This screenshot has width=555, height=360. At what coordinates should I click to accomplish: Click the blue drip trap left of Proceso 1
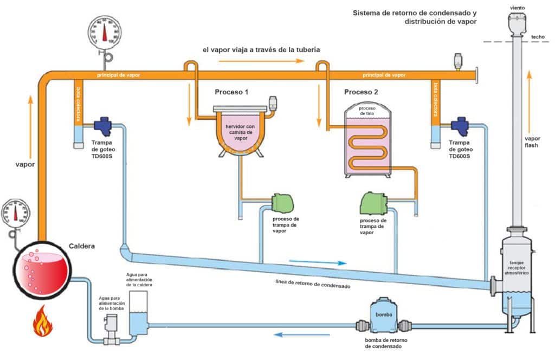pyautogui.click(x=104, y=126)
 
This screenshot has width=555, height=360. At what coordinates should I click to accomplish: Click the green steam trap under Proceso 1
pyautogui.click(x=282, y=203)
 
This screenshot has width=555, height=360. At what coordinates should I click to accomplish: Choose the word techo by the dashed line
pyautogui.click(x=538, y=37)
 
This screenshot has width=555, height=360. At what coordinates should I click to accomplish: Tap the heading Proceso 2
pyautogui.click(x=361, y=92)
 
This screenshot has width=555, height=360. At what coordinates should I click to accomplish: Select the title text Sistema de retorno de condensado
pyautogui.click(x=415, y=12)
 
